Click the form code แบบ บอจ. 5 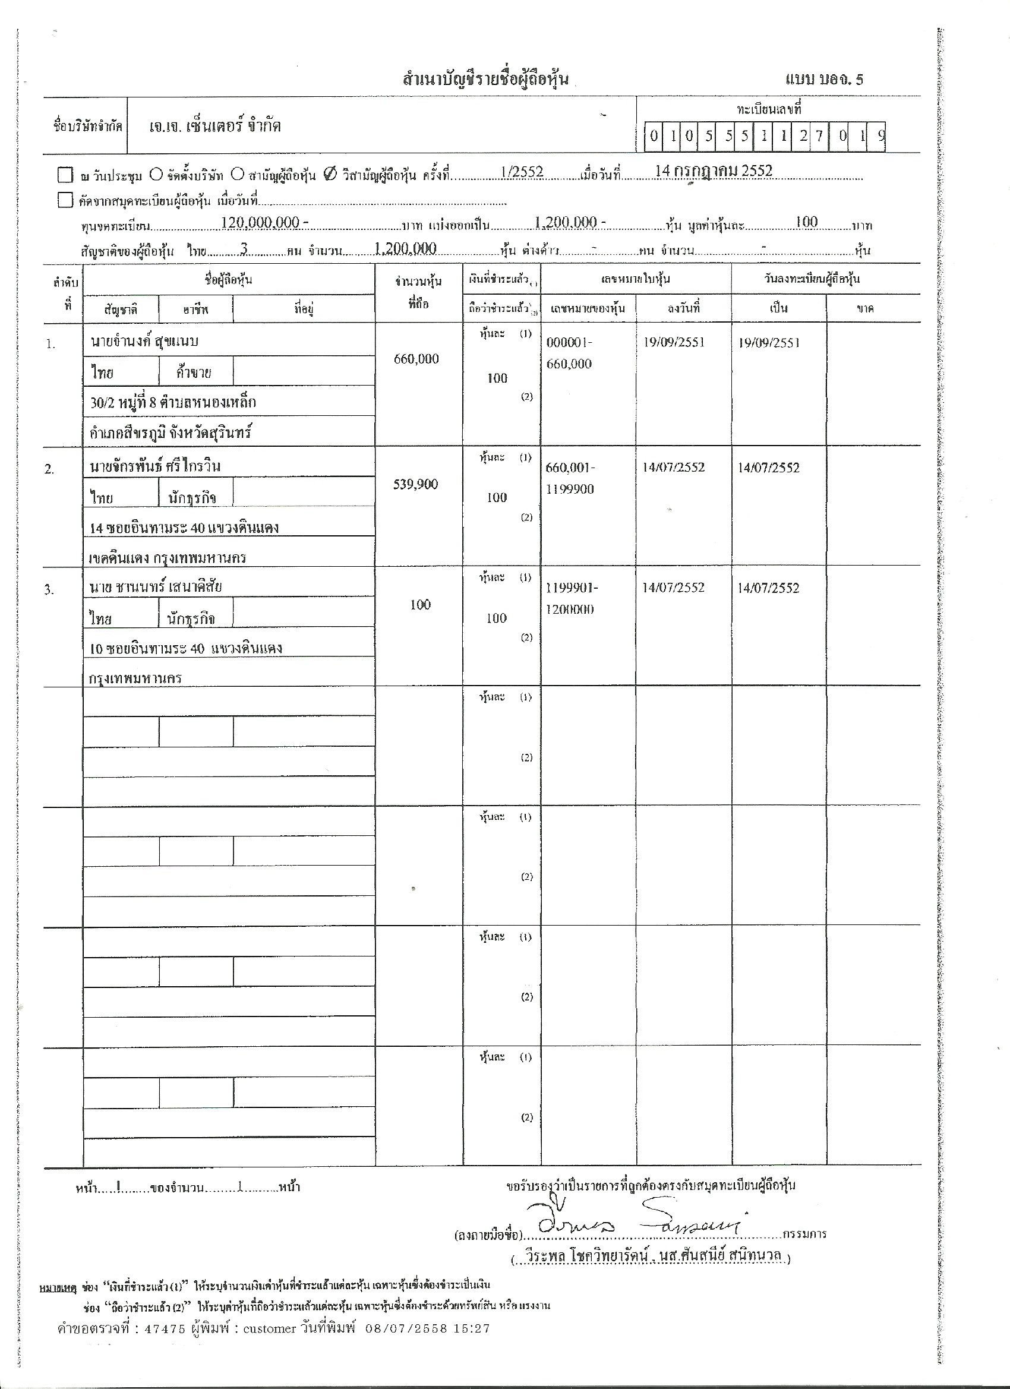click(824, 80)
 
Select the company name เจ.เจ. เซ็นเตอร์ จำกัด click(216, 127)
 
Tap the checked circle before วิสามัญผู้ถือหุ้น click(329, 175)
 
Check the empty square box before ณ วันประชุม click(65, 175)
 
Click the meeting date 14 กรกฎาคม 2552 click(713, 171)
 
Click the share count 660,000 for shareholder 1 click(416, 359)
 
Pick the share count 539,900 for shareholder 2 click(416, 484)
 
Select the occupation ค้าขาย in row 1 click(194, 372)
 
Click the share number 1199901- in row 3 click(572, 588)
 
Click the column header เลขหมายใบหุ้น click(635, 279)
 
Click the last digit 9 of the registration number click(880, 136)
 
